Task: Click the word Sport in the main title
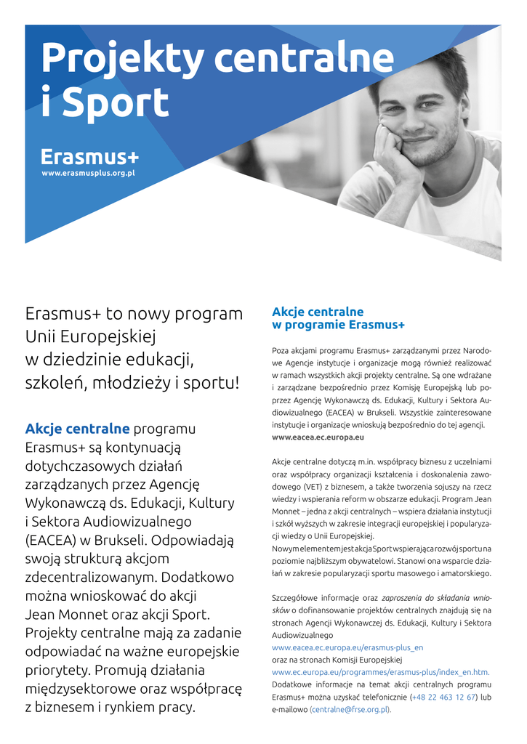click(x=116, y=103)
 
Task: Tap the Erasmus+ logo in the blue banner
click(x=90, y=157)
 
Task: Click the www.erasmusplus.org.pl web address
click(x=88, y=174)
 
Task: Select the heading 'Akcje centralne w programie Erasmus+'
click(x=338, y=318)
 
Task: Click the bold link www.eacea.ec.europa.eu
click(x=318, y=438)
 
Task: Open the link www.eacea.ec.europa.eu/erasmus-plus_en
click(x=347, y=647)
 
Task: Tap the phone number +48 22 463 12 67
click(x=444, y=697)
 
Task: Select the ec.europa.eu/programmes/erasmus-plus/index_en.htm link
click(x=380, y=672)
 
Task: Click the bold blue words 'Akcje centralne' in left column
click(x=77, y=427)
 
